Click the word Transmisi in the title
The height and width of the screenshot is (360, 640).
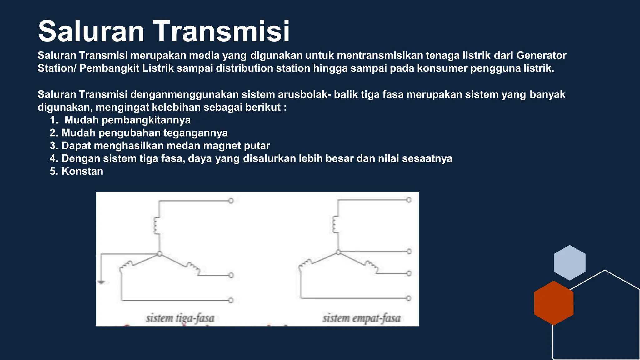click(221, 31)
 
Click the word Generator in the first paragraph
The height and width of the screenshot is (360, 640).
click(541, 55)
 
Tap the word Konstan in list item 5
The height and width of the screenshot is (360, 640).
click(82, 171)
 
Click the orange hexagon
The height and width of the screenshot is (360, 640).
click(554, 303)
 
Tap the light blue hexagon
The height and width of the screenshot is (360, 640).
click(569, 262)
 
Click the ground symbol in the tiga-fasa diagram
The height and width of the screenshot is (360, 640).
click(101, 282)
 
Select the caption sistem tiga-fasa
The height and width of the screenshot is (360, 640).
click(180, 318)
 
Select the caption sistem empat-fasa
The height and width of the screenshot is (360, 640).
click(362, 318)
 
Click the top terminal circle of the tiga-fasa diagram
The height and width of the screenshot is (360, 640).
click(231, 201)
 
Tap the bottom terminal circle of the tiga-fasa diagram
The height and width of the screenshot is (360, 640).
click(231, 300)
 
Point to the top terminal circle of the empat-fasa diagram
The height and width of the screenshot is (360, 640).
click(409, 200)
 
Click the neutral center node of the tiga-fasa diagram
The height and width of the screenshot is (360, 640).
click(159, 254)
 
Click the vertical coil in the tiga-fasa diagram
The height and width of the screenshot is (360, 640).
click(156, 225)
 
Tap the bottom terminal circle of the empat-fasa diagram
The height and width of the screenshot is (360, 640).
click(408, 298)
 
